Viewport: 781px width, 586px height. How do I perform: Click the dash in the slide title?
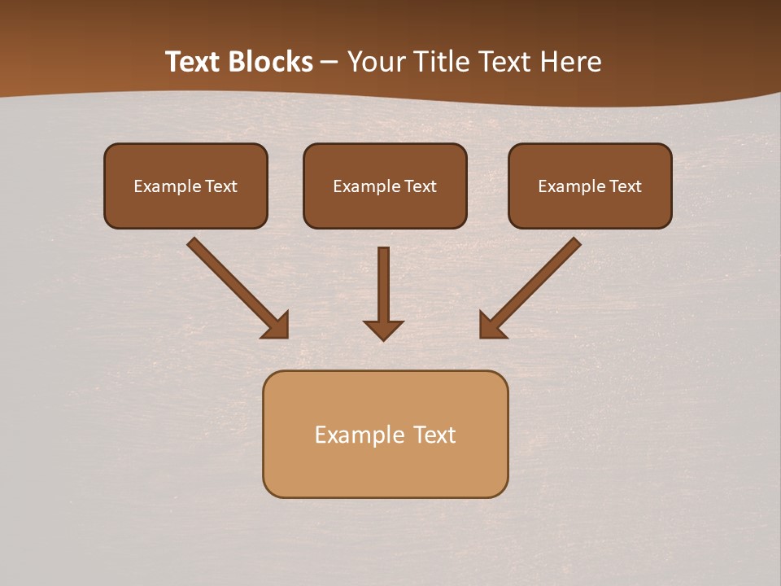tap(329, 62)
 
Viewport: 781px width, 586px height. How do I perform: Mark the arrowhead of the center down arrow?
tap(383, 330)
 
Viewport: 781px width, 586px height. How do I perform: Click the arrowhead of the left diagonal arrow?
tap(277, 326)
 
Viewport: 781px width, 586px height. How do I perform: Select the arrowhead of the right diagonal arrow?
tap(491, 326)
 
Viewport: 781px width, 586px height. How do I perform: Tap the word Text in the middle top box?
tap(421, 186)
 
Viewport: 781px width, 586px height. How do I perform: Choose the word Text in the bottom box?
tap(434, 435)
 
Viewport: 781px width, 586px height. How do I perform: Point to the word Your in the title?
tap(375, 62)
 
